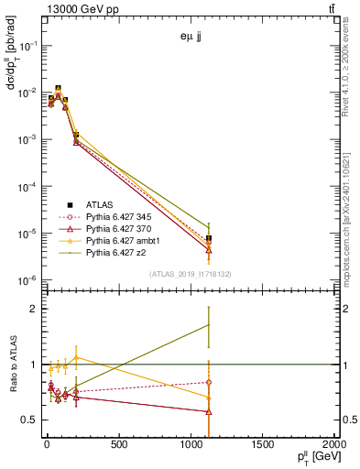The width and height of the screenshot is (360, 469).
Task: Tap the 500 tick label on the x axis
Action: [x=118, y=446]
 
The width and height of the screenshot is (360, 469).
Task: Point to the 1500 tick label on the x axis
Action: [x=263, y=446]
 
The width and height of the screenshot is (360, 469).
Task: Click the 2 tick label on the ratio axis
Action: [x=29, y=309]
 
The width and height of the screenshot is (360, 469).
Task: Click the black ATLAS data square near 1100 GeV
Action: [x=209, y=238]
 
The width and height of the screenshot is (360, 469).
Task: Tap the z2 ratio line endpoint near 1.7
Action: [x=209, y=324]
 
